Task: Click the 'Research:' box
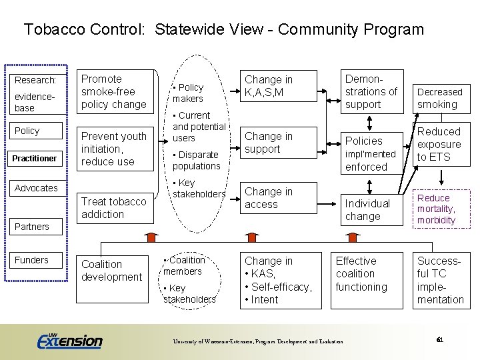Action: coord(36,79)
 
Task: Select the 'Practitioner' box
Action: coord(36,158)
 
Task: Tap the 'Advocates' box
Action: coord(36,188)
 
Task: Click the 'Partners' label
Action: coord(32,227)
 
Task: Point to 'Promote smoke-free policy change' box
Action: coord(113,92)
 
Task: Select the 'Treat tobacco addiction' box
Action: coord(113,207)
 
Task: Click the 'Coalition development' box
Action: coord(111,271)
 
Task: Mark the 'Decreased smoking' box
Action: coord(439,98)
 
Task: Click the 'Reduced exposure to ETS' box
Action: coord(439,144)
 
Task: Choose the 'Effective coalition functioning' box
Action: coord(363,274)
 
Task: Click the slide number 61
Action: coord(439,340)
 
